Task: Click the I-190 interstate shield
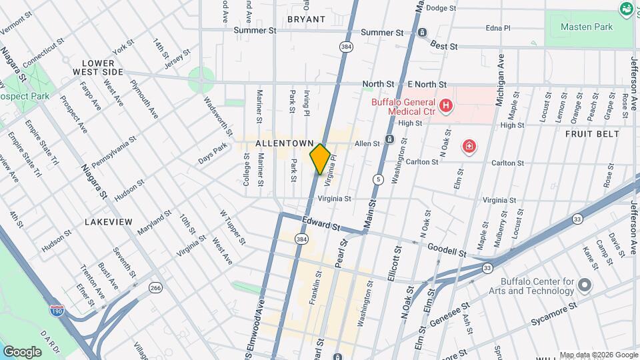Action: (57, 310)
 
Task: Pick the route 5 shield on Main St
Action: (378, 179)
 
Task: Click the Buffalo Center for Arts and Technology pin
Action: (585, 285)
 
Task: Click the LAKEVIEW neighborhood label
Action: (108, 221)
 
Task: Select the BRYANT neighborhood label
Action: (306, 19)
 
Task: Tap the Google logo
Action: (22, 351)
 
